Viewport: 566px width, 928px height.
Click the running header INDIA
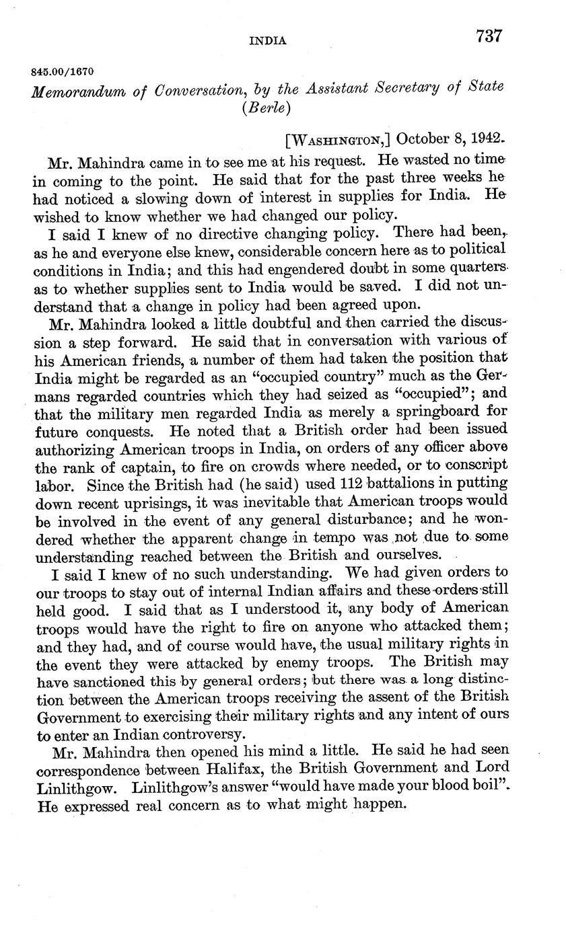point(268,41)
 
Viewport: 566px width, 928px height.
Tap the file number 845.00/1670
point(63,71)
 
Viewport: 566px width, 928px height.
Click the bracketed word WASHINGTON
point(339,140)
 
